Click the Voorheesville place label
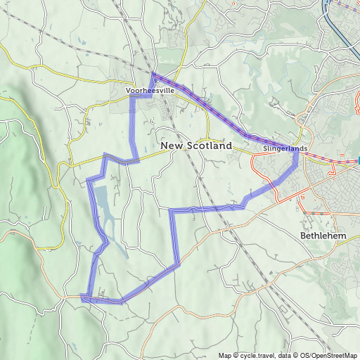point(149,91)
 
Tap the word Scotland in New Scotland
point(208,146)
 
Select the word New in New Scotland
point(172,146)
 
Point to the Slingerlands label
point(285,150)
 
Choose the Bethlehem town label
point(323,235)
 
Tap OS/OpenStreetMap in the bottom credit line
point(328,355)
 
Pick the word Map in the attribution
point(224,355)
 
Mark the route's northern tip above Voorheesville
point(153,73)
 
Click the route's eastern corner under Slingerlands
point(297,155)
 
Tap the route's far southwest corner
point(82,297)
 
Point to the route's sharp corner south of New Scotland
point(172,210)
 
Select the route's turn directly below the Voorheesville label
point(132,98)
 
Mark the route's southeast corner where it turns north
point(179,263)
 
